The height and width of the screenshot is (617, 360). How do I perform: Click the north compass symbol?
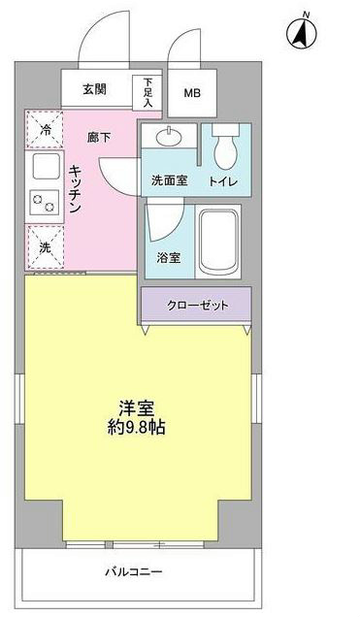(303, 33)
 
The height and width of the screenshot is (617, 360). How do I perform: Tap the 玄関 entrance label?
(94, 90)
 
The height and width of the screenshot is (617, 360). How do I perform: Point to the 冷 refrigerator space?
(45, 128)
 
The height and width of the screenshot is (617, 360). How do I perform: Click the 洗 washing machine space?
(45, 247)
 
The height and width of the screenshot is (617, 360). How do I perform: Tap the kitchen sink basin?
(45, 167)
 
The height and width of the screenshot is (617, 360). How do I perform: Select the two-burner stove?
(44, 203)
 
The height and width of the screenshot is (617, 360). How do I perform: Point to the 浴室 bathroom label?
(169, 259)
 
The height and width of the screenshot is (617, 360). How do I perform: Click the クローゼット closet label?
(197, 305)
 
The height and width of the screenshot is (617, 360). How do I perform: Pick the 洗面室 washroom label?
(169, 180)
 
